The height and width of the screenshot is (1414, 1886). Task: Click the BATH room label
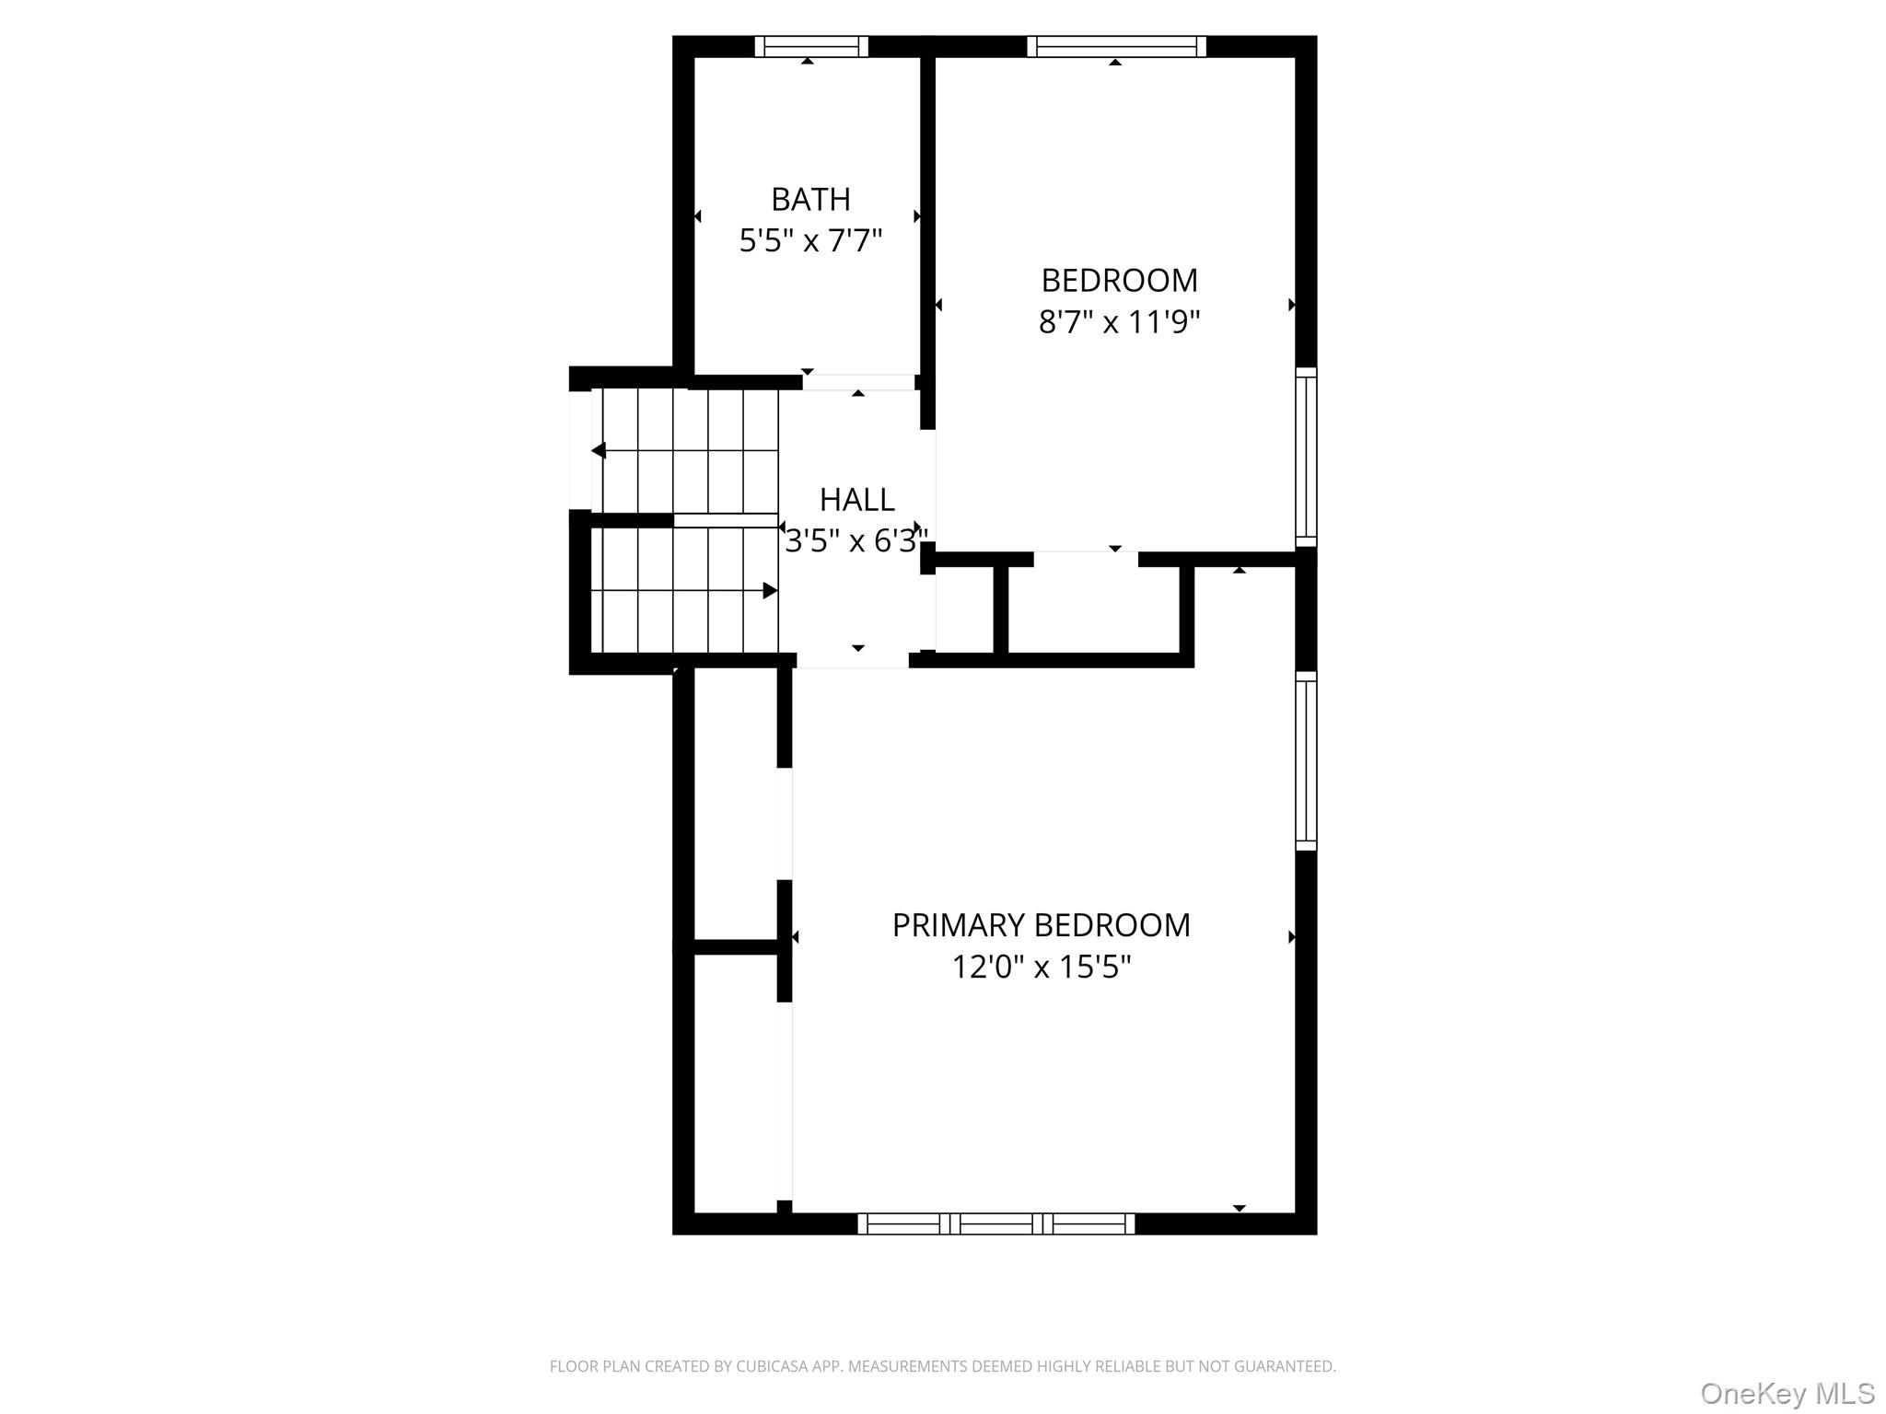tap(810, 199)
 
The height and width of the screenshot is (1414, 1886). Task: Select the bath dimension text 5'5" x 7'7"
tap(810, 241)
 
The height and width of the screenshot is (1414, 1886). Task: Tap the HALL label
tap(857, 499)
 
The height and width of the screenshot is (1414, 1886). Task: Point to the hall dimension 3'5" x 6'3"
tap(856, 540)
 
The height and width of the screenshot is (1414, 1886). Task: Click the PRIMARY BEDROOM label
tap(1042, 925)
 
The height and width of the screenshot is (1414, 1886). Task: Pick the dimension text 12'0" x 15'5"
tap(1042, 968)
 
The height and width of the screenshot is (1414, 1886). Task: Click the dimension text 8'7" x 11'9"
tap(1120, 322)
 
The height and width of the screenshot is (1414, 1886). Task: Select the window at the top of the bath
tap(811, 46)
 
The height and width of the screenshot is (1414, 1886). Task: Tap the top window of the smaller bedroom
tap(1116, 46)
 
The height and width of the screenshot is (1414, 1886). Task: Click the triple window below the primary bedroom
tap(996, 1223)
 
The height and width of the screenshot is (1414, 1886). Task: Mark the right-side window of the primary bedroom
tap(1306, 760)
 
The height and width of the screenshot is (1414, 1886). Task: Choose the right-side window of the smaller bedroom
tap(1306, 457)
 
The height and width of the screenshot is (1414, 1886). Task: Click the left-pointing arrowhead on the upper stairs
tap(599, 451)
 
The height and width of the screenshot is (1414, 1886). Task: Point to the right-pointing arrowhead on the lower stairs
tap(771, 591)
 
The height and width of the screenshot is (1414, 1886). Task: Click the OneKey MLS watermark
tap(1787, 1393)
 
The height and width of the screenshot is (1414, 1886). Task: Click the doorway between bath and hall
tap(858, 382)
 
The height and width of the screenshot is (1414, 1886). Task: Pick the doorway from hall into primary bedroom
tap(853, 660)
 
